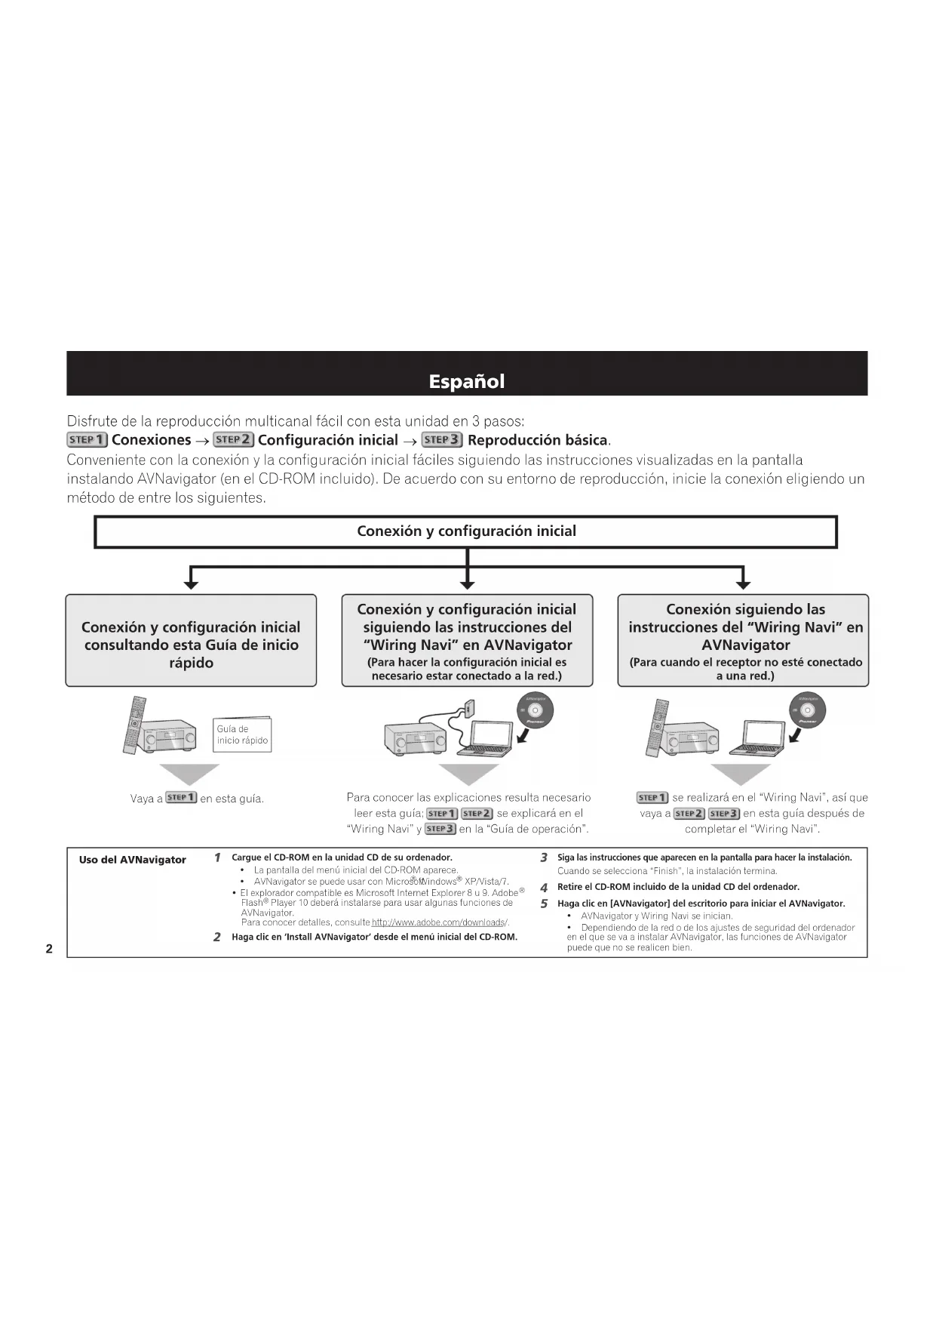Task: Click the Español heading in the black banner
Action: coord(466,381)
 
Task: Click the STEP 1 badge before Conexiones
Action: coord(87,440)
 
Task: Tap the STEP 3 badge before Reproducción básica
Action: coord(442,440)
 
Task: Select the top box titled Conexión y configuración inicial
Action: coord(466,531)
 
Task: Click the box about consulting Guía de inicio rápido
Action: coord(191,641)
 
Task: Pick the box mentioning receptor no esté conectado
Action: coord(743,641)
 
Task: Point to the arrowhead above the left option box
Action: coord(192,583)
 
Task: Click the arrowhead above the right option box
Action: coord(743,583)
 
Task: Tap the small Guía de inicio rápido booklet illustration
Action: coord(241,734)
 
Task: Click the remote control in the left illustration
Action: coord(134,725)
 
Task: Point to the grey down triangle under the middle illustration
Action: coord(468,774)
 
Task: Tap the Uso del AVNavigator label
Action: coord(133,860)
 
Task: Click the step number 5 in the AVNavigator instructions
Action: coord(544,904)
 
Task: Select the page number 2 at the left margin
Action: coord(49,949)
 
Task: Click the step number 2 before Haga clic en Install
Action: coord(217,938)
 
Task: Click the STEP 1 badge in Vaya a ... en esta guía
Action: coord(181,798)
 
